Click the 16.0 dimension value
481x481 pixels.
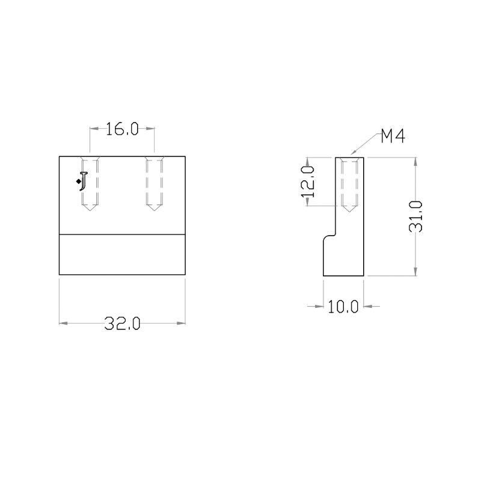pyautogui.click(x=122, y=129)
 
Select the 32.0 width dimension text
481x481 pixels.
pyautogui.click(x=122, y=323)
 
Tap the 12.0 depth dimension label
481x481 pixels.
pyautogui.click(x=308, y=182)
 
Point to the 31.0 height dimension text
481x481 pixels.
pyautogui.click(x=416, y=216)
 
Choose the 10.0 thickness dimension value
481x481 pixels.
pyautogui.click(x=343, y=307)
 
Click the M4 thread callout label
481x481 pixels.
pyautogui.click(x=393, y=136)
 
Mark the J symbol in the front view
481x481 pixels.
pyautogui.click(x=84, y=182)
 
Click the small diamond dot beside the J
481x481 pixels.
pyautogui.click(x=79, y=182)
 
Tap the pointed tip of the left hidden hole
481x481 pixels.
pyautogui.click(x=90, y=210)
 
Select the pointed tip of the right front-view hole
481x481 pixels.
pyautogui.click(x=155, y=210)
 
